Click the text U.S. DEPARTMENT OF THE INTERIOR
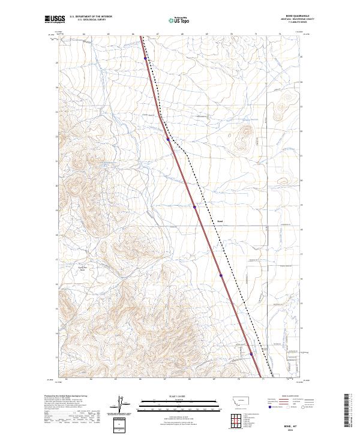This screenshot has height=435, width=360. [x=91, y=16]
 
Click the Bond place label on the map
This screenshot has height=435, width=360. [x=220, y=220]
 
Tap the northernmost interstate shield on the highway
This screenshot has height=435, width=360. [x=145, y=58]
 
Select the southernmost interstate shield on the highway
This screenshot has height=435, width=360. [x=251, y=354]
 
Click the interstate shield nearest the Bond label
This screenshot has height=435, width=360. [x=195, y=207]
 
